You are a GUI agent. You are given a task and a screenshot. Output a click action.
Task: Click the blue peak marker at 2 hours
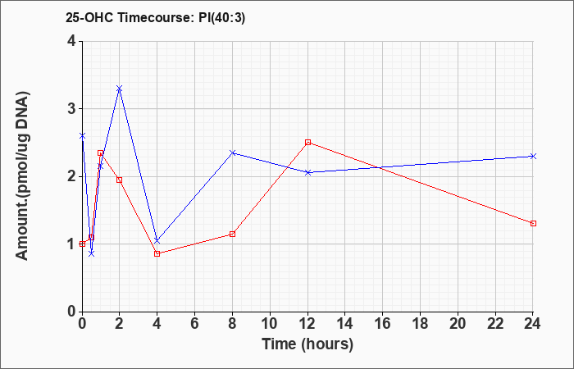click(120, 89)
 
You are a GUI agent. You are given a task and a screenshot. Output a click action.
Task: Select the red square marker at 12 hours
click(307, 142)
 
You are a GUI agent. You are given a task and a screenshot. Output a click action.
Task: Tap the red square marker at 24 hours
click(533, 223)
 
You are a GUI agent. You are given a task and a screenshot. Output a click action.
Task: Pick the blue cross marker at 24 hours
click(533, 157)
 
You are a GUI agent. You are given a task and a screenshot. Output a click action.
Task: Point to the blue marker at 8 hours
click(232, 153)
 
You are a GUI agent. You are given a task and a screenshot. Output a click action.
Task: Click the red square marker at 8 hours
click(232, 234)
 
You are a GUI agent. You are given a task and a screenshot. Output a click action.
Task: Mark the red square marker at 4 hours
click(157, 253)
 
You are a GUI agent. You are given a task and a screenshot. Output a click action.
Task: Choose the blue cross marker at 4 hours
click(157, 240)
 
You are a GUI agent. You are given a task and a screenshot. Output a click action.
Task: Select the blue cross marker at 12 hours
click(307, 172)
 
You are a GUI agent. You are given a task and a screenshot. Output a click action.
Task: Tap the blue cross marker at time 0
click(82, 136)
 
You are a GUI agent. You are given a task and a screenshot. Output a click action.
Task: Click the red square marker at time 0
click(82, 244)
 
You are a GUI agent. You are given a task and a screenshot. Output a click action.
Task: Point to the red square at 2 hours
click(120, 180)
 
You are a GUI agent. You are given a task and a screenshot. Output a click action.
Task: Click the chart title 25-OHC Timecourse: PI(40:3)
click(155, 17)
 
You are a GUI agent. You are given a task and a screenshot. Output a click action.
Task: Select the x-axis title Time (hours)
click(307, 344)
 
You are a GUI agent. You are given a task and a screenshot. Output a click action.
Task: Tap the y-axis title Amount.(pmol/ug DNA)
click(23, 176)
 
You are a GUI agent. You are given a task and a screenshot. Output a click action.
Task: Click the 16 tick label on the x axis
click(383, 323)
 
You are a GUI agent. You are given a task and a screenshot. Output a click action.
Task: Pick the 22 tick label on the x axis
click(495, 323)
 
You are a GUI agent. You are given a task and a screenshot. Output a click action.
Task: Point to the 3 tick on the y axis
click(71, 109)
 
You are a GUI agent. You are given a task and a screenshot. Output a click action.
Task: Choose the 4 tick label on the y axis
click(71, 41)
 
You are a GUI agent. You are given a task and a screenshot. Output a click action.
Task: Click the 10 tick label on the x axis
click(270, 323)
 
